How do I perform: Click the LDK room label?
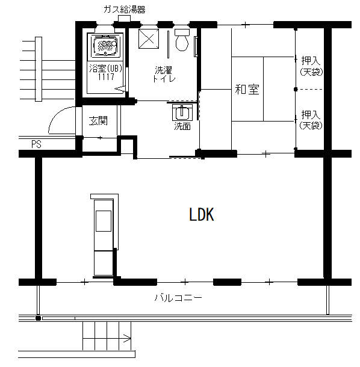point(202,215)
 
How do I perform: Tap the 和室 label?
point(247,90)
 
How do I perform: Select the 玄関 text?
point(98,121)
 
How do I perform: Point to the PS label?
point(36,144)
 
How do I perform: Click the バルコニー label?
point(178,298)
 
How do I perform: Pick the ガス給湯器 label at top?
point(125,10)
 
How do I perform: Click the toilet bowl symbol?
point(182,40)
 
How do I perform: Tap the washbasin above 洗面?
point(182,113)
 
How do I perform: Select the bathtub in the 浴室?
point(105,45)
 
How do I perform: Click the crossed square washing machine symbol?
point(149,39)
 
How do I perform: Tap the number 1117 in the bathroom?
point(106,76)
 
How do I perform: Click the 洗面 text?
point(182,126)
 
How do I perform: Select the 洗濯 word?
point(163,70)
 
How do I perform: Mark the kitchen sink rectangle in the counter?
point(104,221)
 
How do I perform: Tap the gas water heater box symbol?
point(124,18)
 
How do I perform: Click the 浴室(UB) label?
point(106,69)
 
